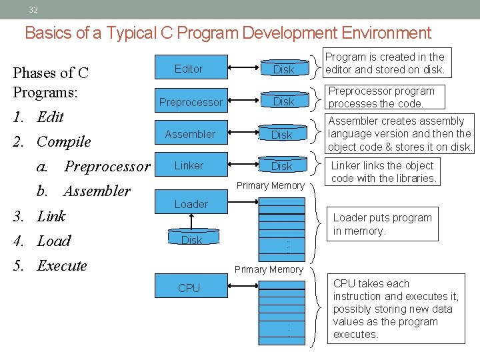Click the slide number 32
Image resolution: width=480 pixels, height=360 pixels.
pos(33,9)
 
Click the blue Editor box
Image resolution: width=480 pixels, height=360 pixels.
pos(189,69)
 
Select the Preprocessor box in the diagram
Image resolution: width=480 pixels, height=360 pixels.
pos(190,102)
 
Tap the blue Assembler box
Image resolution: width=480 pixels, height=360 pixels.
pos(190,134)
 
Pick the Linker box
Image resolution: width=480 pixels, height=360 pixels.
pos(189,165)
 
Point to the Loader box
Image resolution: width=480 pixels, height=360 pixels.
pos(191,204)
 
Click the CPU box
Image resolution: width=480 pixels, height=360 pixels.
pos(189,288)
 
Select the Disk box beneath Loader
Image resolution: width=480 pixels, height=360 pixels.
pos(191,240)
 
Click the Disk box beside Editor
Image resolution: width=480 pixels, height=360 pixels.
pos(284,69)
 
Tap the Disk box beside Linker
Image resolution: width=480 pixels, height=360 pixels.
pos(282,166)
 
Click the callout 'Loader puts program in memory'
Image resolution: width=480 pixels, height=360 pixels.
pos(382,224)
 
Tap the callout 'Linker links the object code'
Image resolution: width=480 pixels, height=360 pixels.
pos(383,172)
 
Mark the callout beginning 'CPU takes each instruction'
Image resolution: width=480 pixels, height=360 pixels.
pos(396,309)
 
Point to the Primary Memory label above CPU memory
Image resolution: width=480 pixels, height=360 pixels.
pos(269,269)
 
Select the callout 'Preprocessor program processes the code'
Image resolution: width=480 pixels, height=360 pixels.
pos(381,97)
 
